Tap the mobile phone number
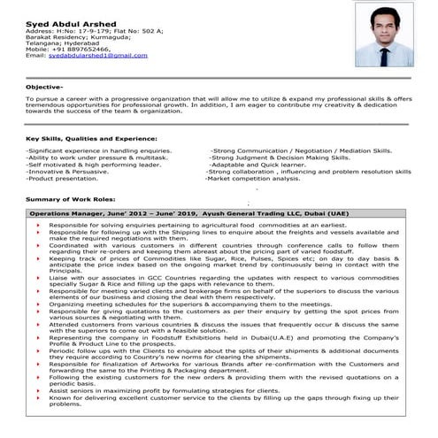pos(67,49)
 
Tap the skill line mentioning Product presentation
pos(62,178)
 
